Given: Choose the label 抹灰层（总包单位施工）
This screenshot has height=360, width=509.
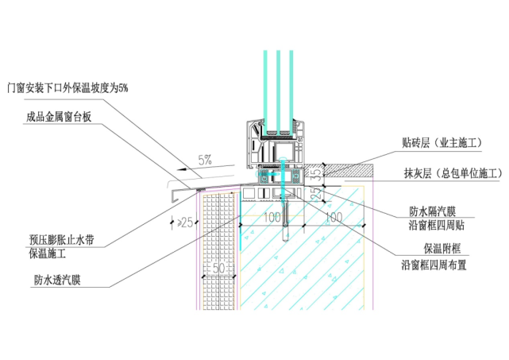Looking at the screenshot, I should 452,172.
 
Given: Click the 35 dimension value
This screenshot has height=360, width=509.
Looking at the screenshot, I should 315,172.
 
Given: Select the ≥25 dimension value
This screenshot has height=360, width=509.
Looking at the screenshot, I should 184,222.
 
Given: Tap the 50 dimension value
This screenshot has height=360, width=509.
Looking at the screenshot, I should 220,269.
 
